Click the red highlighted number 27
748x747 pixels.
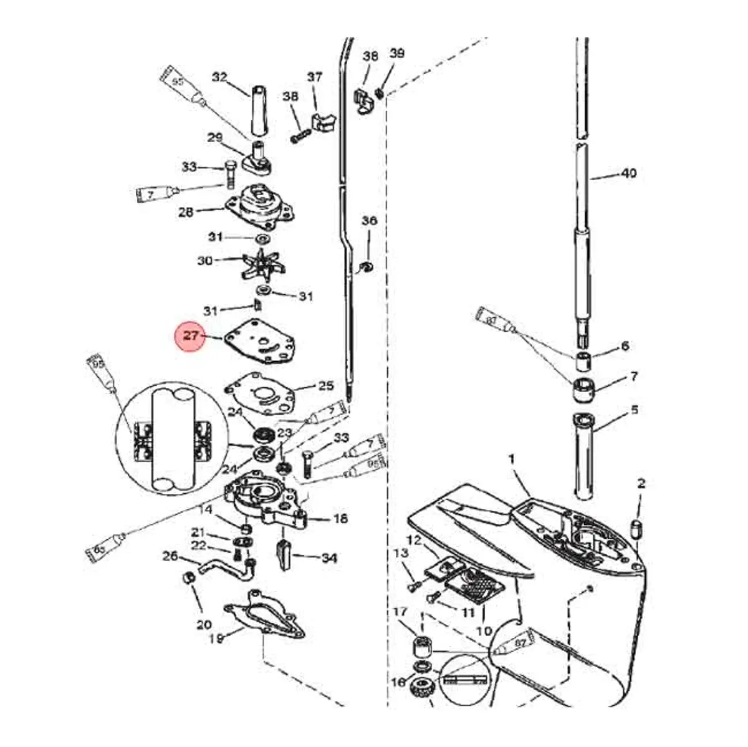[x=191, y=336]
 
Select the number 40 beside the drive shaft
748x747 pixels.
[x=629, y=172]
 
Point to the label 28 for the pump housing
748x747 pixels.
[x=186, y=212]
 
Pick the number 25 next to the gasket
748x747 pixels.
[x=326, y=386]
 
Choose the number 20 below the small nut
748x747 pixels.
[x=204, y=625]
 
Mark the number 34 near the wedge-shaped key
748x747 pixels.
[x=329, y=557]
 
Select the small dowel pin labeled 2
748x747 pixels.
[x=638, y=529]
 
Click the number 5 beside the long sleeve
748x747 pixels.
[x=635, y=410]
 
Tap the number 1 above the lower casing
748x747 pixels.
[x=512, y=460]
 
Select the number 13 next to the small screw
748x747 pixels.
[x=401, y=552]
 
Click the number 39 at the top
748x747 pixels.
[x=397, y=53]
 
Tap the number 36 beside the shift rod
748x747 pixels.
[x=370, y=221]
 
